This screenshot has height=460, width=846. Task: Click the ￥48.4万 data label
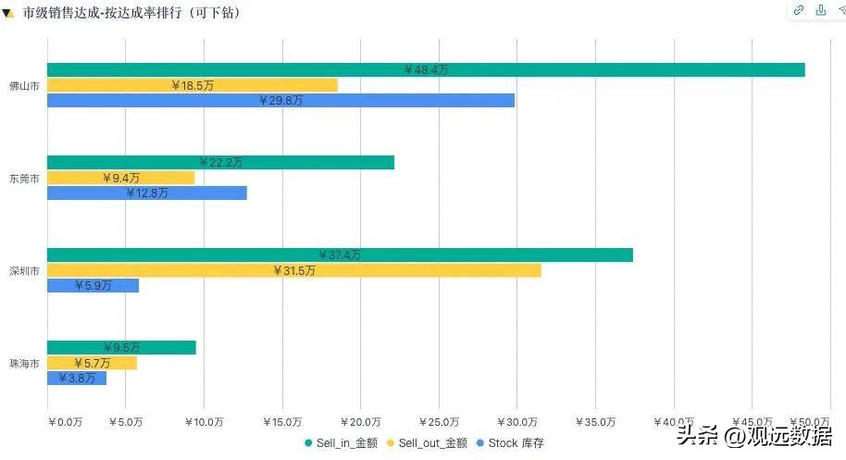tap(426, 70)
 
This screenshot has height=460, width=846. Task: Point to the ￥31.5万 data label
tap(294, 270)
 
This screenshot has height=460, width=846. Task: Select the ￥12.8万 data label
tap(147, 193)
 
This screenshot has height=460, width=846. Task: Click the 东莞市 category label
tap(24, 178)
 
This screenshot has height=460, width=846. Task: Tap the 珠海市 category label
tap(24, 364)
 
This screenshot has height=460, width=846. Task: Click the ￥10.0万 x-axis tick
tap(204, 422)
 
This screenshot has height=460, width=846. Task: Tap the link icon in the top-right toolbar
tap(798, 10)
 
